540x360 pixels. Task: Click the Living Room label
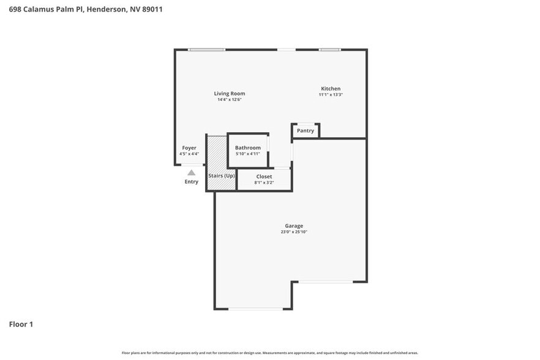[229, 94]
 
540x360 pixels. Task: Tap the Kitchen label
[331, 89]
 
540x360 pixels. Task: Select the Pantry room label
[305, 130]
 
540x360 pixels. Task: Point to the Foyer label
[189, 148]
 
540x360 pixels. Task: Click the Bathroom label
[248, 148]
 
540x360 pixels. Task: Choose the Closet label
[264, 176]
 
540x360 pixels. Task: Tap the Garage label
[293, 226]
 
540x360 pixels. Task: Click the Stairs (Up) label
[221, 176]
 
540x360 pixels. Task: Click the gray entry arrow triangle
[191, 173]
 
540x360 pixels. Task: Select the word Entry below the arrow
[191, 182]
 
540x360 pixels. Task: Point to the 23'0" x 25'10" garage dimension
[293, 232]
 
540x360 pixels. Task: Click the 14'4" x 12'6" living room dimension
[229, 100]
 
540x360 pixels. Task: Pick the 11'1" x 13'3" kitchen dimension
[331, 95]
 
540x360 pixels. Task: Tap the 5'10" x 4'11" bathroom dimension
[248, 154]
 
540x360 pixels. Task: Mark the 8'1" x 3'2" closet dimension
[264, 182]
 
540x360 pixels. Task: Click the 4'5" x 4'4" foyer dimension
[189, 154]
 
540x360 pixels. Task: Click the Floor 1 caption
[21, 324]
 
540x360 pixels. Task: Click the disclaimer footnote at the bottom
[269, 353]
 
